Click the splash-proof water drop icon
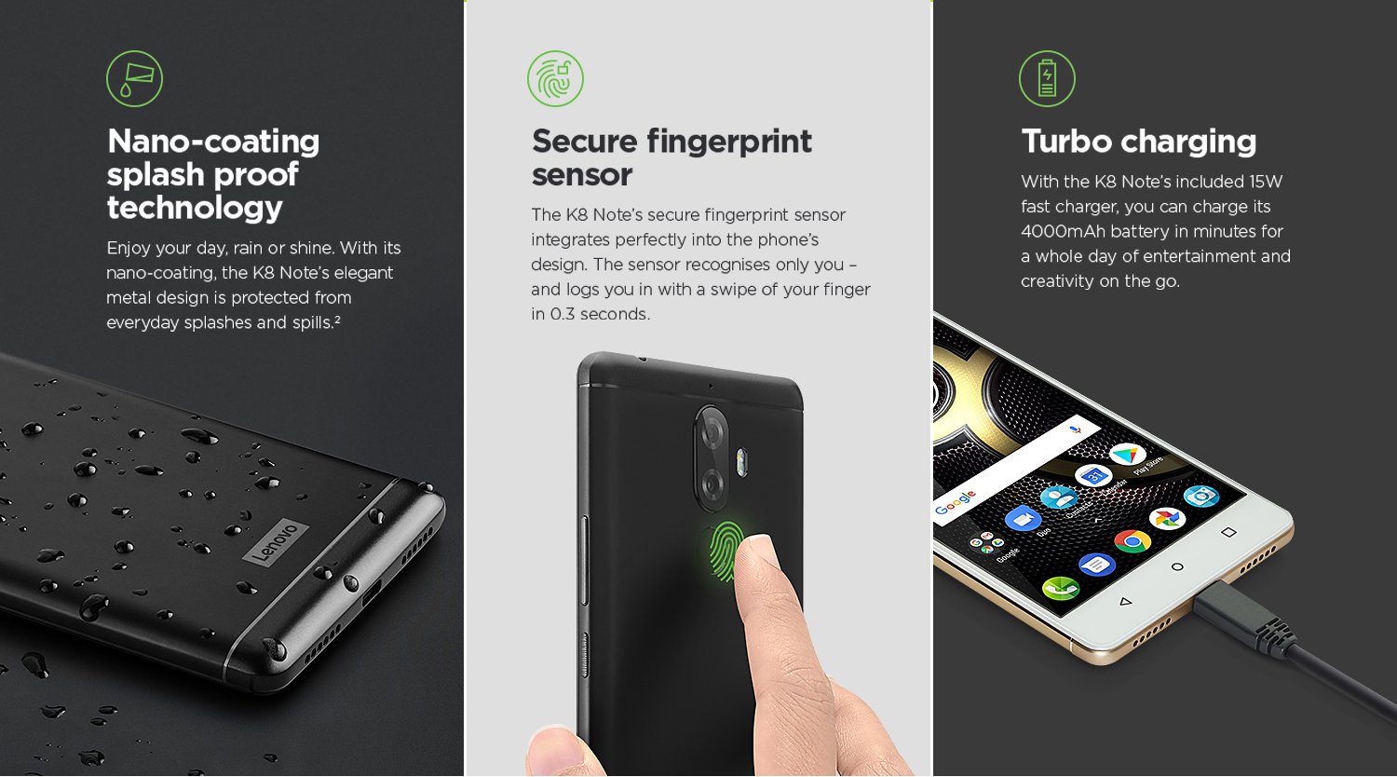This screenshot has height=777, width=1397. click(134, 78)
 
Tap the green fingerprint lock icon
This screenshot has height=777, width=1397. click(555, 78)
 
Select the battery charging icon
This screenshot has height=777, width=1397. click(1047, 78)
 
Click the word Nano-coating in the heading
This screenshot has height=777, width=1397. click(213, 142)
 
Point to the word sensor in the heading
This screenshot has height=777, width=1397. click(582, 175)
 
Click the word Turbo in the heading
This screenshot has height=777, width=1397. click(1066, 141)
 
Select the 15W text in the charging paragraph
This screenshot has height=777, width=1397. click(1266, 182)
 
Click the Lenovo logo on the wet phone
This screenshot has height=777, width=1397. click(276, 541)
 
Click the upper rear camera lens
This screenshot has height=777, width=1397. click(712, 432)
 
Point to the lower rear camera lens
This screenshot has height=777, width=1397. click(712, 484)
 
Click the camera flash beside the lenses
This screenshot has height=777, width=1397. click(741, 463)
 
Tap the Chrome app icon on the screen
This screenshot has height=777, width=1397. click(1133, 540)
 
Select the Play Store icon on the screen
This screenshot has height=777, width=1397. click(1127, 455)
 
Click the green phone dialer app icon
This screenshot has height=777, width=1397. click(1060, 588)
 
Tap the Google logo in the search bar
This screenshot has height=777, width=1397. click(955, 502)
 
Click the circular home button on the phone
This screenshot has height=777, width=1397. click(1177, 567)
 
